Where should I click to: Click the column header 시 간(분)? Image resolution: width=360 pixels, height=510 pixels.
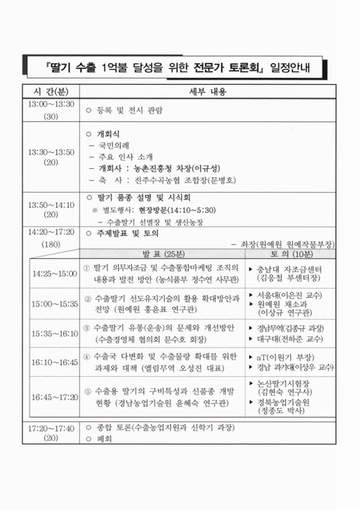51,91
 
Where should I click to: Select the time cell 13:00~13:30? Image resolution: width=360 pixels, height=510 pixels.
51,105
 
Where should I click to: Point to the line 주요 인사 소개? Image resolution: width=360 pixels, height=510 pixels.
125,157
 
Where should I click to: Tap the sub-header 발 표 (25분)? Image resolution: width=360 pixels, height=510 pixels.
165,253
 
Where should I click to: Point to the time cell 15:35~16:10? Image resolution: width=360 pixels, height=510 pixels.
55,333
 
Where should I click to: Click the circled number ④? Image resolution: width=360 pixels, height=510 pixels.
87,355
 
